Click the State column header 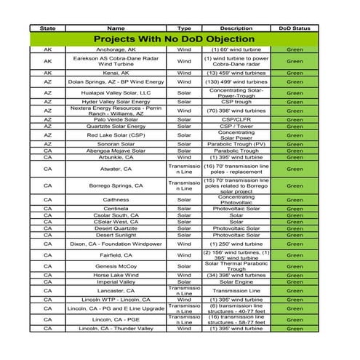[47, 28]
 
